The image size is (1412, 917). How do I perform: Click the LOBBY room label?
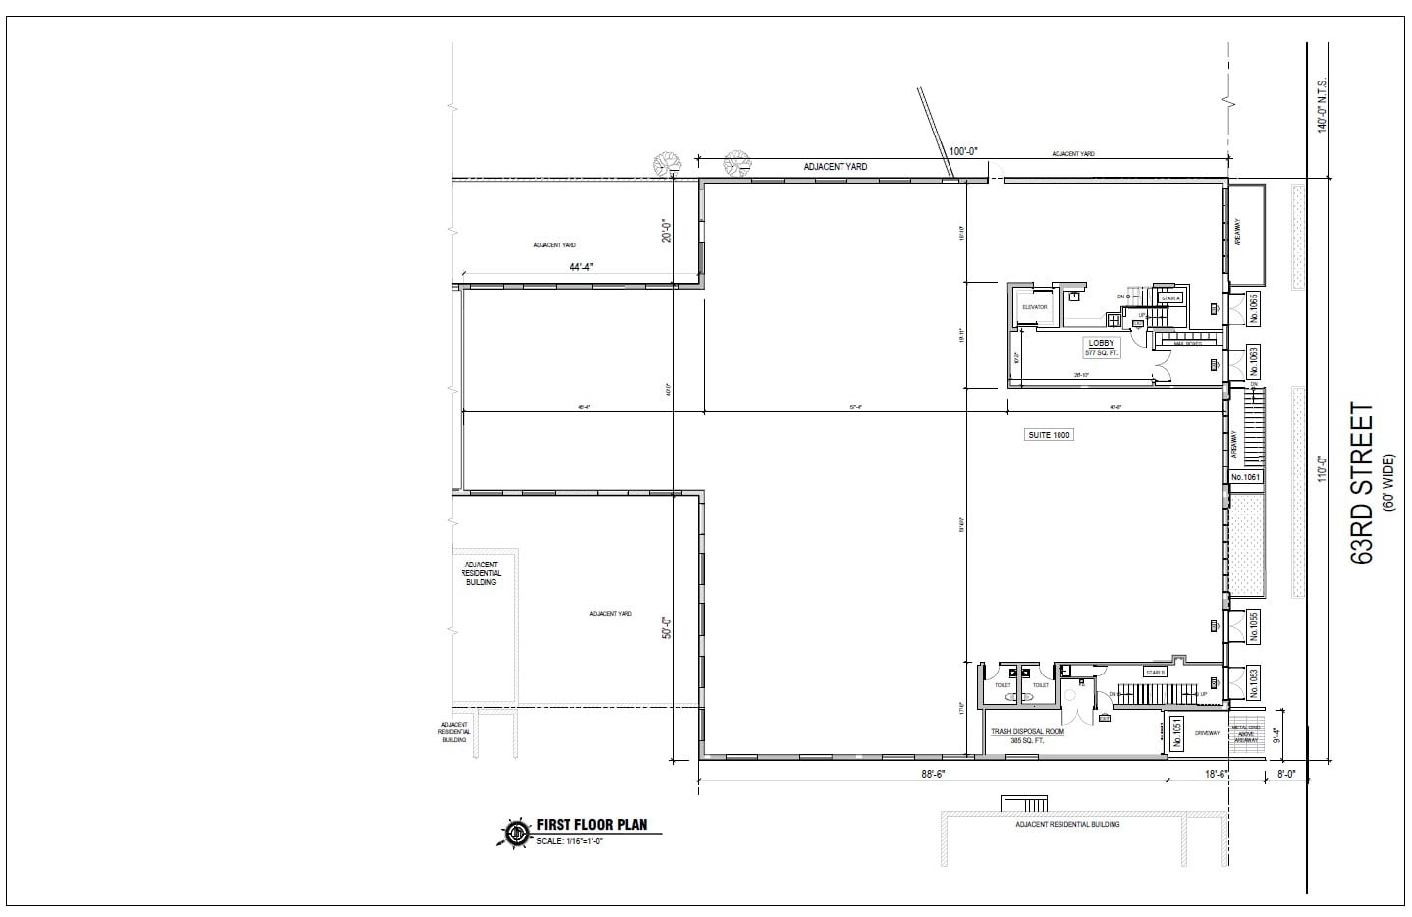(x=1101, y=343)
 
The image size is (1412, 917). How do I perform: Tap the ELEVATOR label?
(x=1035, y=307)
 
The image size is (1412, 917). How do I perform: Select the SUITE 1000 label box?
(x=1049, y=434)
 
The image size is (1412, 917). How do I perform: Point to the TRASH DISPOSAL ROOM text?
(x=1027, y=731)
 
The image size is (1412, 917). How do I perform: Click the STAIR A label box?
(x=1169, y=297)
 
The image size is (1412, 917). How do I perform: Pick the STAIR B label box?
(x=1155, y=672)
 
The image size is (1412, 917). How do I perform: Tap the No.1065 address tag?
(x=1253, y=310)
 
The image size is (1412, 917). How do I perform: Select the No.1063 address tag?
(x=1253, y=362)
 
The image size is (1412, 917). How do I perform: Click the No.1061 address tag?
(x=1245, y=477)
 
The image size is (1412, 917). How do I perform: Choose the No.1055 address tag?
(x=1253, y=627)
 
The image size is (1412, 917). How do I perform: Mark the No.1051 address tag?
(x=1178, y=733)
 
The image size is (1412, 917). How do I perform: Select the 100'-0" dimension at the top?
(x=963, y=151)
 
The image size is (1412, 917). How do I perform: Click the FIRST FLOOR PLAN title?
(x=591, y=825)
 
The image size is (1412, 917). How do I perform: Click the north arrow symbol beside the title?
(x=516, y=833)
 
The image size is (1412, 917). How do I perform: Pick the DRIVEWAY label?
(x=1207, y=733)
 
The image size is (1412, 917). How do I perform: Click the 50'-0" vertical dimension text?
(x=667, y=627)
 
